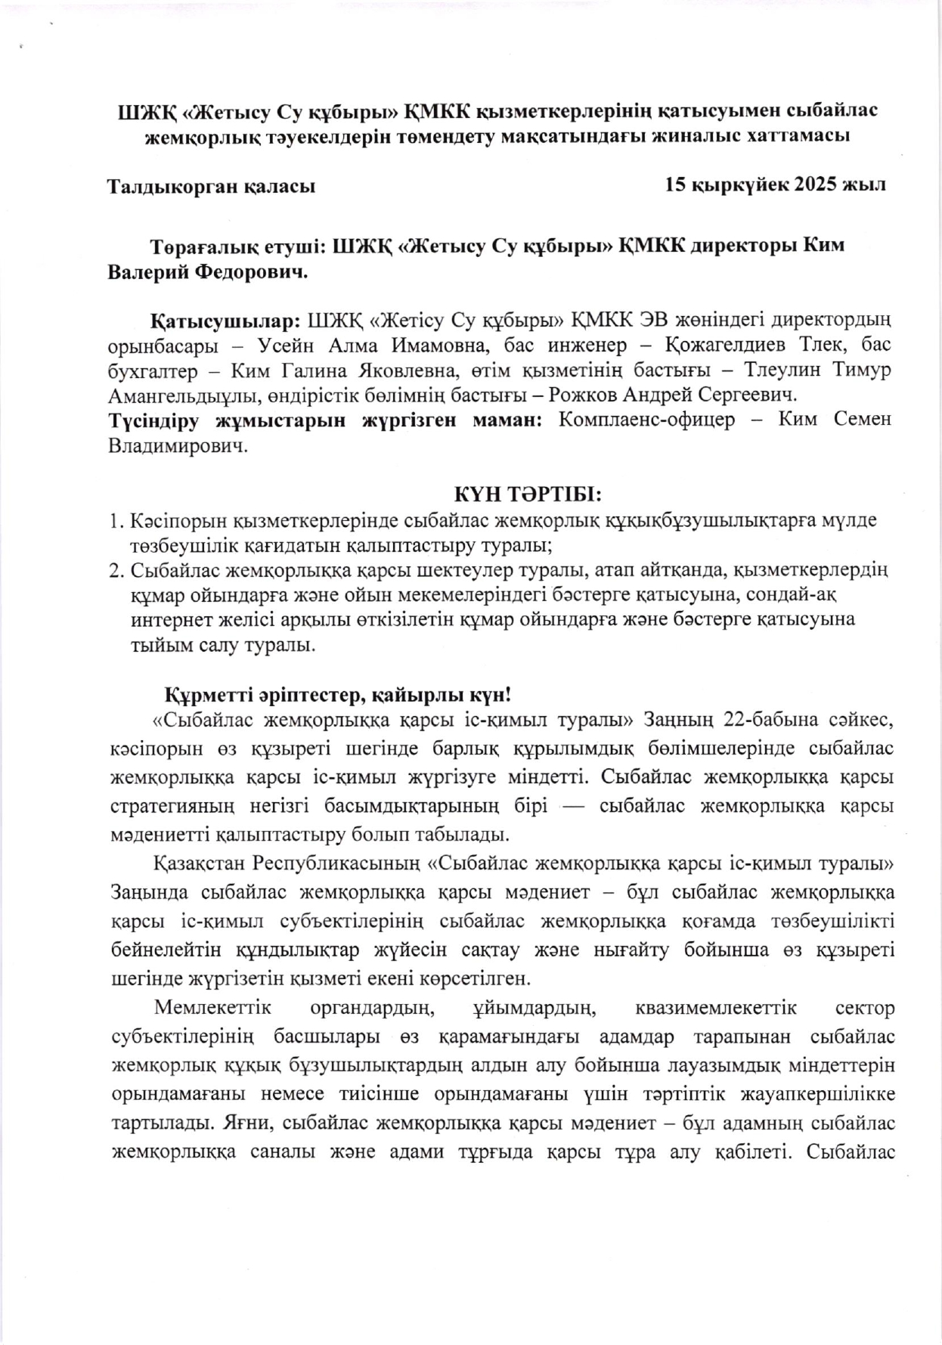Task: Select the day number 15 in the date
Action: coord(675,184)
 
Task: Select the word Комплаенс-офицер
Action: coord(646,420)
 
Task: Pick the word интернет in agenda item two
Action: coord(168,620)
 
